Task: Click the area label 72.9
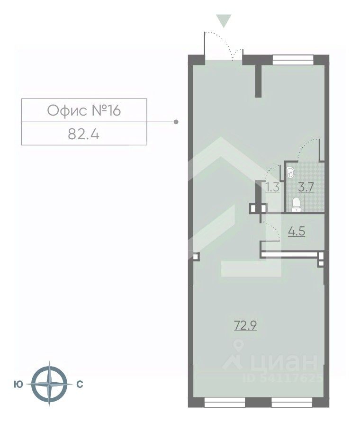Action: click(x=245, y=326)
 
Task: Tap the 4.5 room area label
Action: click(x=297, y=231)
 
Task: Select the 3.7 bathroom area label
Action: click(x=306, y=187)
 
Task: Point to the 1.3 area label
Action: click(x=272, y=187)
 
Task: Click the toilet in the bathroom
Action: click(x=296, y=205)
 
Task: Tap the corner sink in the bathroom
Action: click(x=290, y=172)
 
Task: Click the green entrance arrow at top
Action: click(x=224, y=21)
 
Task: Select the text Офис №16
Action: click(x=84, y=110)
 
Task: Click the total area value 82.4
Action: click(x=83, y=134)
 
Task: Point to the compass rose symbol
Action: click(x=49, y=384)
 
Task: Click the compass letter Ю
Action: click(x=18, y=384)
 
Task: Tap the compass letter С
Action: click(x=80, y=384)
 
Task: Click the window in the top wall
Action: click(x=293, y=60)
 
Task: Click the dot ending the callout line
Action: click(x=176, y=122)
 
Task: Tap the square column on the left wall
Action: click(x=196, y=256)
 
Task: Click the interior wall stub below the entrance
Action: click(x=259, y=81)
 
